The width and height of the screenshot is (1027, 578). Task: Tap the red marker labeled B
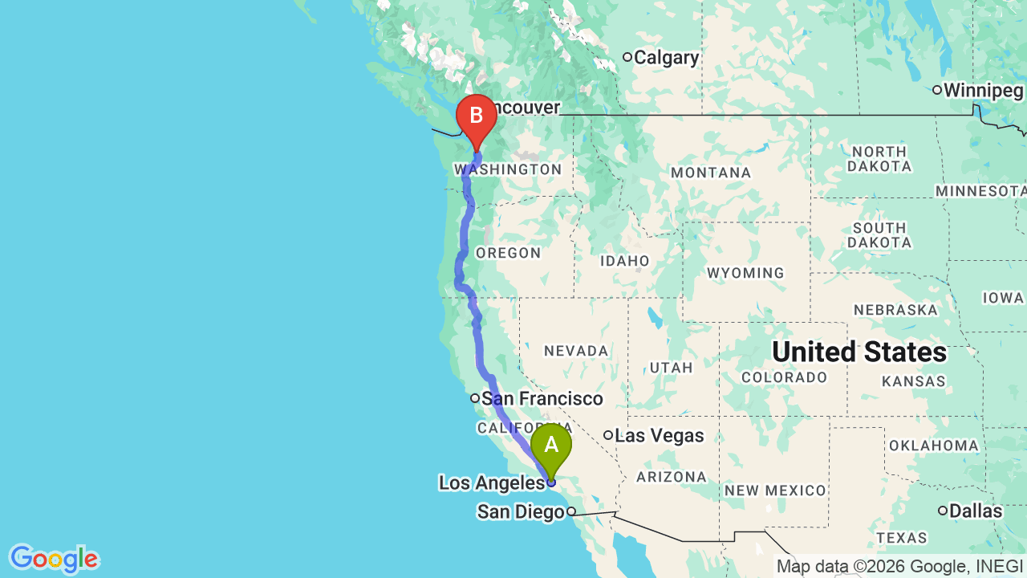pos(476,116)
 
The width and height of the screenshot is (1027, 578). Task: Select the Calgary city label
pos(666,58)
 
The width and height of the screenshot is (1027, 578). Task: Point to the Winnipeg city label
pos(983,91)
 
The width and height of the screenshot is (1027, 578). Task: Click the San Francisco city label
pos(542,398)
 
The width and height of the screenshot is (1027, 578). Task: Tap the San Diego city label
pos(521,511)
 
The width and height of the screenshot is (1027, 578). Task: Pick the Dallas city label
pos(975,511)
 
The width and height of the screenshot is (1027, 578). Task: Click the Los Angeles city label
pos(491,482)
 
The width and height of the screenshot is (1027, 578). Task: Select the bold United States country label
pos(859,352)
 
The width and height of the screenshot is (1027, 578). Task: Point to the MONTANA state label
pos(711,173)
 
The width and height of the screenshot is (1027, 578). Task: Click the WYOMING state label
pos(746,273)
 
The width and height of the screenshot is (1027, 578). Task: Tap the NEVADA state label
pos(576,351)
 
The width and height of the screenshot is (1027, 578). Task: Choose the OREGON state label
pos(508,253)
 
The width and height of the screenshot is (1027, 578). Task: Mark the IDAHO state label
pos(624,261)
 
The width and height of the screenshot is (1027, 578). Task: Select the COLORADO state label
pos(784,377)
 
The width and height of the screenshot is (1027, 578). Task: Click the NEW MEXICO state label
pos(775,490)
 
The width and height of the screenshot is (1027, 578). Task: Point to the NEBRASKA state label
pos(895,310)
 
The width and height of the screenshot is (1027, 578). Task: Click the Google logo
pos(53,559)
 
